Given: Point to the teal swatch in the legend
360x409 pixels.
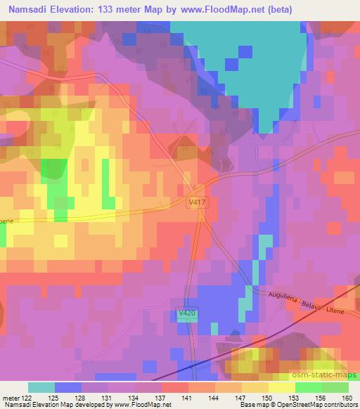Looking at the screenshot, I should point(41,387).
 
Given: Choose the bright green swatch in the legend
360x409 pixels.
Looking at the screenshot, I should point(308,387).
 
